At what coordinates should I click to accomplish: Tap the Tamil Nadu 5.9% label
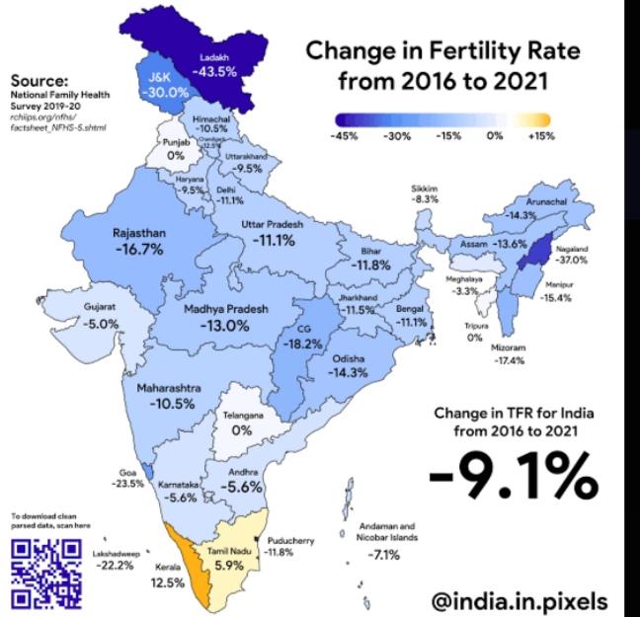click(x=230, y=559)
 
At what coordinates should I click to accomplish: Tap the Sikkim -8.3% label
click(x=426, y=193)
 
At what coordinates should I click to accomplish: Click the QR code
click(x=46, y=571)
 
